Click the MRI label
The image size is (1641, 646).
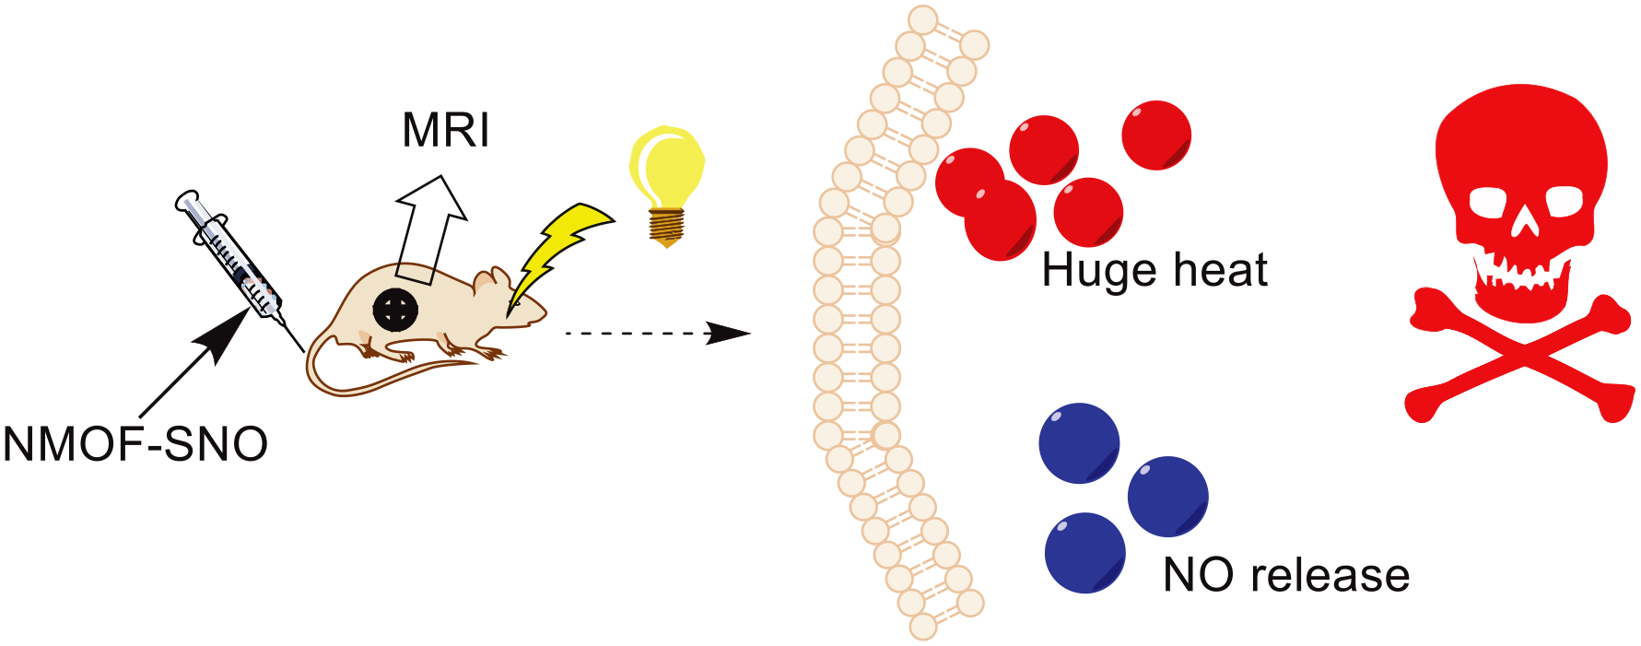tap(446, 130)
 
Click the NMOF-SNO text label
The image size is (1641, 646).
tap(135, 444)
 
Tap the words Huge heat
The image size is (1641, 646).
tap(1155, 270)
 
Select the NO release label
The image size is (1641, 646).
tap(1286, 575)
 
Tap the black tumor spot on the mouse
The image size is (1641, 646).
tap(396, 309)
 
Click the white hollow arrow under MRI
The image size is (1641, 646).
tap(429, 228)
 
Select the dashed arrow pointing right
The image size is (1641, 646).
tap(658, 334)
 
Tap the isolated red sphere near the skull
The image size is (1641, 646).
tap(1156, 135)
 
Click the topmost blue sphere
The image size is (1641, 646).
tap(1079, 443)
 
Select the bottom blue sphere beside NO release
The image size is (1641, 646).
tap(1085, 553)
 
